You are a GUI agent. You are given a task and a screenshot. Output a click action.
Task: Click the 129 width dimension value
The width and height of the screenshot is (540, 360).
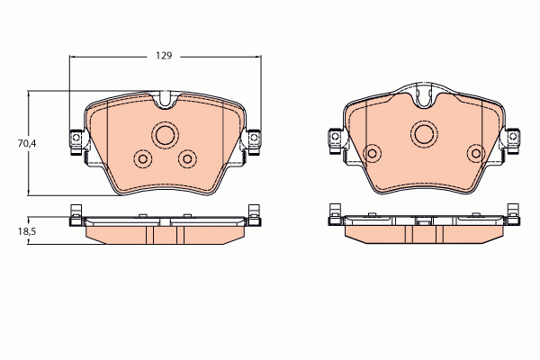point(163,56)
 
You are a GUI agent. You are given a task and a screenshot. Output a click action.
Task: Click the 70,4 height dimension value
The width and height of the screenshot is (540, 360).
point(12,142)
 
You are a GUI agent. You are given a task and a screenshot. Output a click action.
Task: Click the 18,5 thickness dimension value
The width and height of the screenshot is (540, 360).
point(12,231)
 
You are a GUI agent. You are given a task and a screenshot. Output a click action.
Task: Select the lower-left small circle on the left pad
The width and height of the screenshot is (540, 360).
point(142,158)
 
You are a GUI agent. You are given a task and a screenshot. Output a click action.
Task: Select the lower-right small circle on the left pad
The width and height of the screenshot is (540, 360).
point(187,158)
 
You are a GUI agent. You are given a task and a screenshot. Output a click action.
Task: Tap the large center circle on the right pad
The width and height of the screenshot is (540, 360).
point(425,134)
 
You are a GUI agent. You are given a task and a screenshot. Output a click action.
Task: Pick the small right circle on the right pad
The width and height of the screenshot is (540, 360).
point(473,153)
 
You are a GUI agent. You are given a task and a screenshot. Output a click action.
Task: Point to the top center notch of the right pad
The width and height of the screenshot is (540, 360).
point(425,94)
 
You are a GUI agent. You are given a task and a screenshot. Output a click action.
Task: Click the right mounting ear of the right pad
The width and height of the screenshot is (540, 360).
point(514,138)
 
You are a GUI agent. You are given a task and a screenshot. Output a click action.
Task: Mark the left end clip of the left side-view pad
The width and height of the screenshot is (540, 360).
point(76,215)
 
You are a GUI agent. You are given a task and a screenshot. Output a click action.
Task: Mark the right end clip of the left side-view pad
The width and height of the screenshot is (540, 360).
point(255,215)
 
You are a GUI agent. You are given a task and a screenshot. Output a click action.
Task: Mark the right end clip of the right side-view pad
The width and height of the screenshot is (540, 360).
point(514,215)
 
